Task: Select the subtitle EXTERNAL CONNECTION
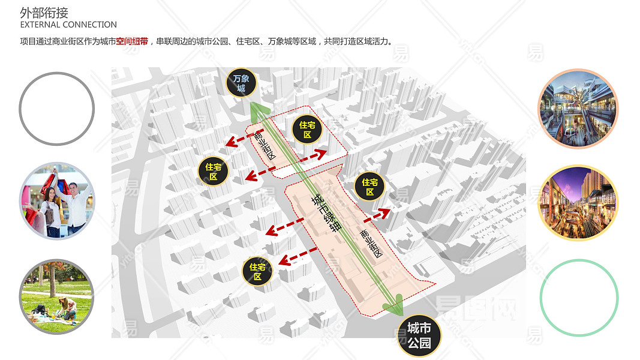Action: click(68, 25)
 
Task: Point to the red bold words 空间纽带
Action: click(132, 41)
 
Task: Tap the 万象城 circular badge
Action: click(241, 83)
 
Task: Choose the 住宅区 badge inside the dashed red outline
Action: click(308, 129)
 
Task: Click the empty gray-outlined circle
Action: click(57, 109)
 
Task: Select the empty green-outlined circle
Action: click(579, 298)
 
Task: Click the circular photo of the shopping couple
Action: click(57, 201)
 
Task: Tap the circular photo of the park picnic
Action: click(57, 296)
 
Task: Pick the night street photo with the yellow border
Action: click(578, 203)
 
